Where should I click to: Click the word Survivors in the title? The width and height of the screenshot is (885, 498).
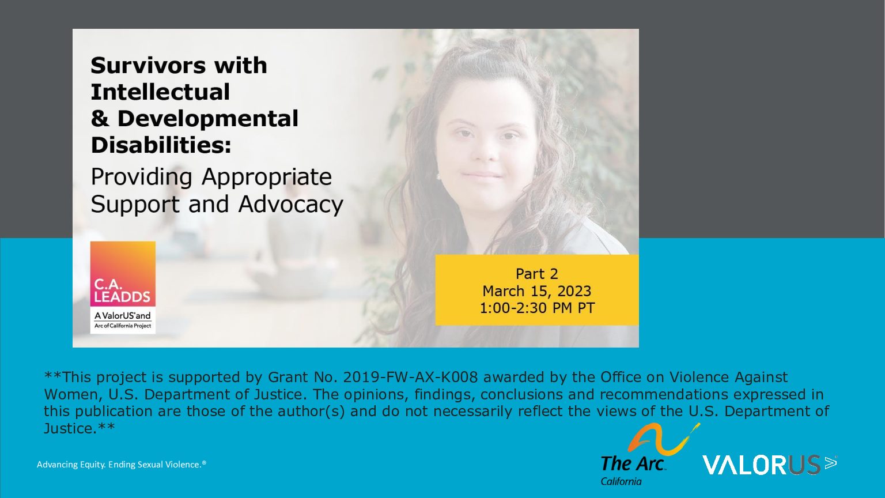149,66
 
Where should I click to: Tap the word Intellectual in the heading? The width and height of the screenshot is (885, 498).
160,92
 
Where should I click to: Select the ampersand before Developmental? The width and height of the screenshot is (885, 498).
100,119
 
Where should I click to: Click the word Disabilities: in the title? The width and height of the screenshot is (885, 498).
161,145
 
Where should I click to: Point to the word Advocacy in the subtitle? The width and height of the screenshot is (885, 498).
291,205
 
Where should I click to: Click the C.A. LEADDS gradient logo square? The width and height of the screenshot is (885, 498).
123,274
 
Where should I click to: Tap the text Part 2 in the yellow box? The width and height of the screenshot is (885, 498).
536,274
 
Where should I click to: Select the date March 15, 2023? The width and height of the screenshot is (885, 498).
536,291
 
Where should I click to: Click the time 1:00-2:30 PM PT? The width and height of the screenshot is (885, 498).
537,308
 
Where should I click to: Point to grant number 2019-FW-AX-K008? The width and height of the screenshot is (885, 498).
410,378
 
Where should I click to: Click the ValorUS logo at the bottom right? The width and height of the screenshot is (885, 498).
769,465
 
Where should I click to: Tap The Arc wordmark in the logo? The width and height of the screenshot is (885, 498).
632,463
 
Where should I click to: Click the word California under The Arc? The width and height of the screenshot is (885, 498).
621,482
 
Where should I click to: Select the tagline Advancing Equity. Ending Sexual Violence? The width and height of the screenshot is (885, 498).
122,465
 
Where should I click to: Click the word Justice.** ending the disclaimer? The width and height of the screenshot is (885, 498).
79,429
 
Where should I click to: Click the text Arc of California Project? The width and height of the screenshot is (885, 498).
123,326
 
